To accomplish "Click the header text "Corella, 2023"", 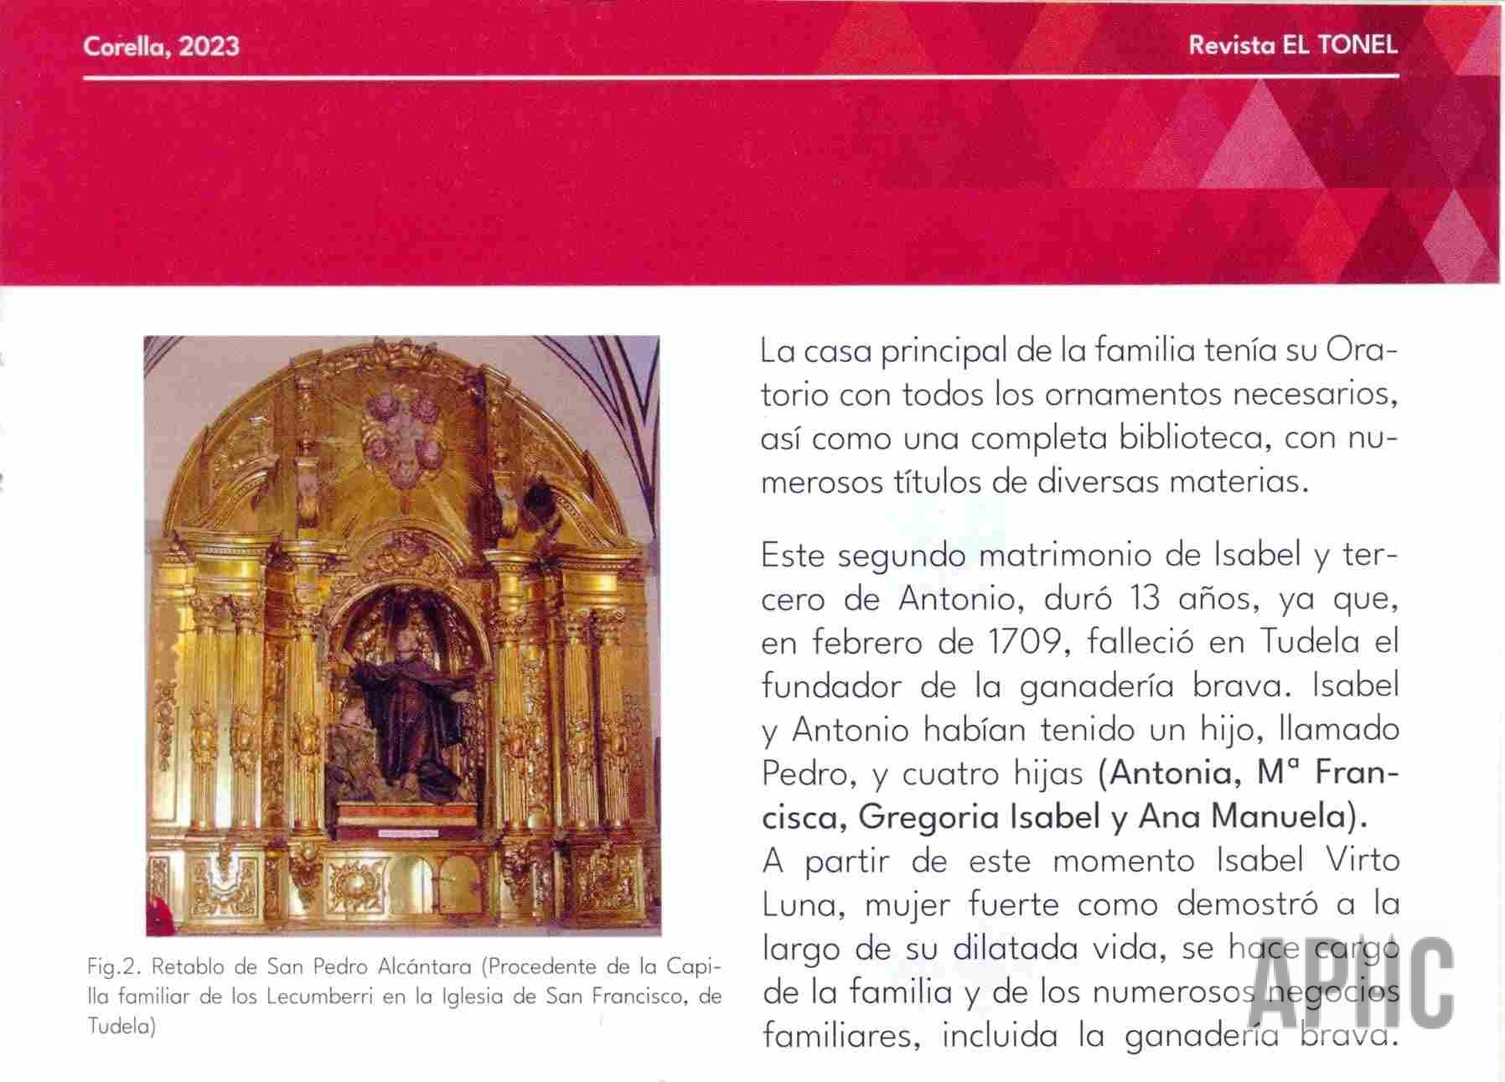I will pyautogui.click(x=161, y=45).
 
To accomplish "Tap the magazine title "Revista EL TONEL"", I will pyautogui.click(x=1292, y=45).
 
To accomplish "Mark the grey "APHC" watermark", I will pyautogui.click(x=1350, y=982).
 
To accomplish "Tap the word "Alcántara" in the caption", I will pyautogui.click(x=425, y=967).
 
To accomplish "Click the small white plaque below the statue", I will pyautogui.click(x=406, y=833).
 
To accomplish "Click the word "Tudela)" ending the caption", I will pyautogui.click(x=122, y=1027).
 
